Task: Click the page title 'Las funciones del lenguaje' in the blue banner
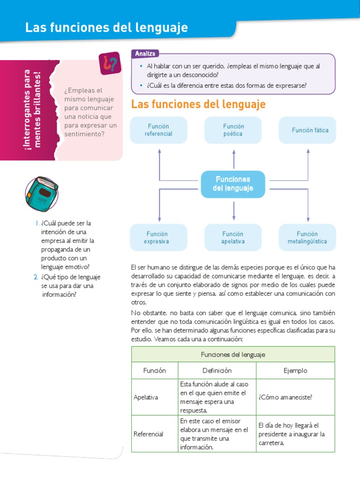click(106, 28)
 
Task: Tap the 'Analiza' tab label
click(145, 54)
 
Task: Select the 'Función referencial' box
click(159, 130)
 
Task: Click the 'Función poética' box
click(233, 130)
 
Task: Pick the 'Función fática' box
click(307, 130)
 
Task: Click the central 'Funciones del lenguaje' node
click(233, 184)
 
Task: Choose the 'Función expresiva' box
click(159, 238)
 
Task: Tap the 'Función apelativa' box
click(233, 238)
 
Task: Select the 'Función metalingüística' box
click(307, 238)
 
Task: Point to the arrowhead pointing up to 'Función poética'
click(233, 151)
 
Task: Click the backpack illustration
click(41, 194)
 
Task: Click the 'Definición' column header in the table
click(217, 370)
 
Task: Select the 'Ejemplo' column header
click(295, 370)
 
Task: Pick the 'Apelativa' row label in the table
click(146, 397)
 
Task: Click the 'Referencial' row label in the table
click(149, 434)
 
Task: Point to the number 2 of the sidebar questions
click(36, 277)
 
